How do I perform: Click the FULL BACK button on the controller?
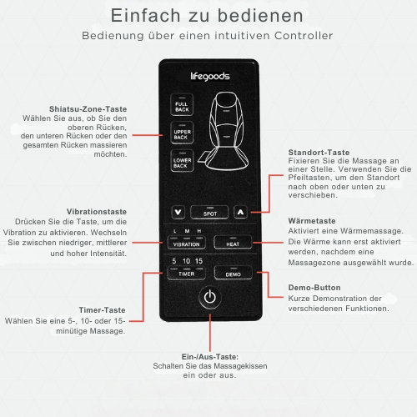pyautogui.click(x=181, y=106)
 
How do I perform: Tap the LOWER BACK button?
pyautogui.click(x=181, y=162)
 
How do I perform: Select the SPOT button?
pyautogui.click(x=208, y=213)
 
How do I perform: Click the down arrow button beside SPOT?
pyautogui.click(x=178, y=213)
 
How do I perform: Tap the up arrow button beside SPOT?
pyautogui.click(x=240, y=213)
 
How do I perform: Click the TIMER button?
pyautogui.click(x=186, y=274)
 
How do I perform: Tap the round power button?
pyautogui.click(x=209, y=298)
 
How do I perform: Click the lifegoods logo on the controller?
pyautogui.click(x=208, y=76)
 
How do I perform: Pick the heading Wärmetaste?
pyautogui.click(x=309, y=220)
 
